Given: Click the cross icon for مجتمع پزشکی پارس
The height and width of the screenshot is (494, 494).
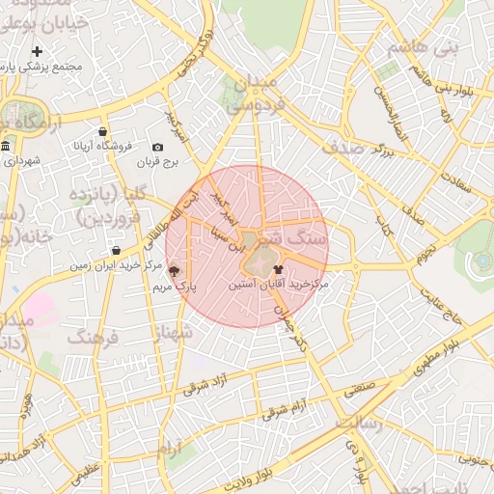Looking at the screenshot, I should (x=37, y=51).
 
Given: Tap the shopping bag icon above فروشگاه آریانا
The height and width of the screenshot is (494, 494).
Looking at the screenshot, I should (x=103, y=131).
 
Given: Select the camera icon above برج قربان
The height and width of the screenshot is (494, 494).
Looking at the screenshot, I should (x=157, y=147).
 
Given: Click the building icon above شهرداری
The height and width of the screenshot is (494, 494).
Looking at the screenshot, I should (x=6, y=147).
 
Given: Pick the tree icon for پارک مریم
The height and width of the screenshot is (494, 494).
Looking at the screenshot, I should (x=175, y=271).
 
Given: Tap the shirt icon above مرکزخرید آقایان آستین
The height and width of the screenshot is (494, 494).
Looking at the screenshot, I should (x=279, y=270).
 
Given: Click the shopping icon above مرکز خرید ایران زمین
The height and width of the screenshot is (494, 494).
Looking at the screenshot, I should (x=116, y=251).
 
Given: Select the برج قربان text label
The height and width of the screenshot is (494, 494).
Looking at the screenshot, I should (x=157, y=163).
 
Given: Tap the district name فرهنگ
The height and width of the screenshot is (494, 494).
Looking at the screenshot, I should (x=92, y=338).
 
